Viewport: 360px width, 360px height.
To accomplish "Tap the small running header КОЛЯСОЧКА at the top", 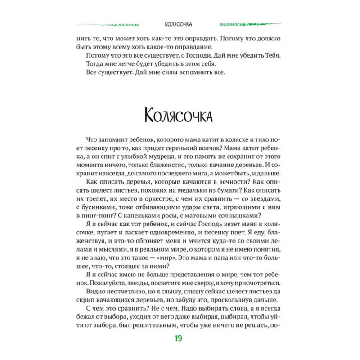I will (x=180, y=24).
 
